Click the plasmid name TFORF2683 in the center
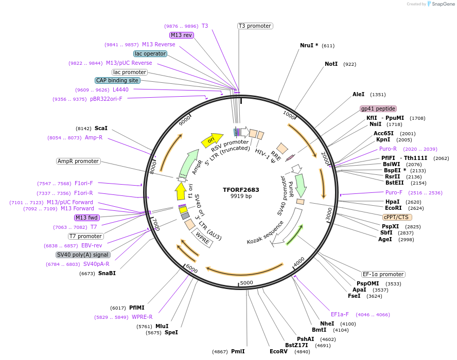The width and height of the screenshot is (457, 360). (x=241, y=190)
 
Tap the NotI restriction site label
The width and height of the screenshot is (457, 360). (x=331, y=64)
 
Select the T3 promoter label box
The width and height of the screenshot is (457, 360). (x=255, y=26)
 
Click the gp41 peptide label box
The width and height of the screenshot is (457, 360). (x=378, y=109)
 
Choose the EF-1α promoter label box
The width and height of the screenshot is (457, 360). (x=383, y=274)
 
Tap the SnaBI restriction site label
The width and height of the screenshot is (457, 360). (x=107, y=273)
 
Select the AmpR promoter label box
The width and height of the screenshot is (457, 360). (x=78, y=161)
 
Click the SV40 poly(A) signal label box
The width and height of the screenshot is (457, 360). (x=82, y=255)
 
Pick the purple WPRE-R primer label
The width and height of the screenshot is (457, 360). (x=142, y=317)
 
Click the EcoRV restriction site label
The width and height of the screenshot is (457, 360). (x=278, y=352)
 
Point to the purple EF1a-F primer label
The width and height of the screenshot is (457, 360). (x=340, y=314)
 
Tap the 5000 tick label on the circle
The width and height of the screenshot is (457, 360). (x=247, y=282)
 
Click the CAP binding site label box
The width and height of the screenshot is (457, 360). (x=117, y=80)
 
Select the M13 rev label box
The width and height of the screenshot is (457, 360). (x=181, y=35)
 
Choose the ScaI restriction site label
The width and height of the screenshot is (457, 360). (x=101, y=128)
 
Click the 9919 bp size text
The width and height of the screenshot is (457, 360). (x=241, y=196)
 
